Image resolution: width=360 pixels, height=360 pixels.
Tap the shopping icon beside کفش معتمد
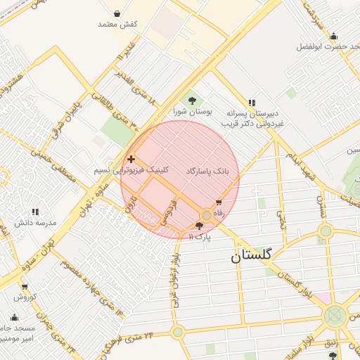pyautogui.click(x=117, y=13)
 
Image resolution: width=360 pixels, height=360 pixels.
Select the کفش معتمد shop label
pyautogui.click(x=117, y=25)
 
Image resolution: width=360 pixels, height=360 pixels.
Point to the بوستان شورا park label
pyautogui.click(x=193, y=112)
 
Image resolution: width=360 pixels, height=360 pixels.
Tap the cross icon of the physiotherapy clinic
pyautogui.click(x=131, y=160)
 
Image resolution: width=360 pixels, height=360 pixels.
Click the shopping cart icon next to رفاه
pyautogui.click(x=219, y=203)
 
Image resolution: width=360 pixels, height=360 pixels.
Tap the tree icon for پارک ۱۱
pyautogui.click(x=200, y=226)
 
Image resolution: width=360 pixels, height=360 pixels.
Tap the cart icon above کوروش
pyautogui.click(x=25, y=287)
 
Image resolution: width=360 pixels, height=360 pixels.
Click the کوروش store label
pyautogui.click(x=25, y=297)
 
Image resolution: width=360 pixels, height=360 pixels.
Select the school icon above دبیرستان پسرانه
pyautogui.click(x=252, y=103)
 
